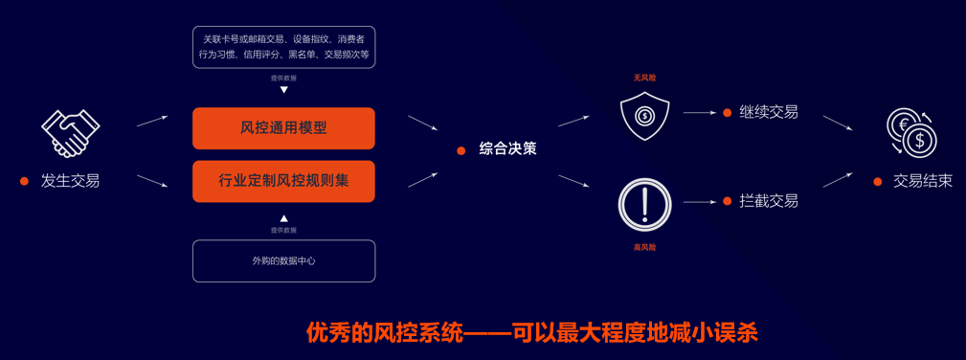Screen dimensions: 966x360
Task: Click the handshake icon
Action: [x=70, y=132]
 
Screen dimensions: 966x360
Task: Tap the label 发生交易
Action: [x=70, y=180]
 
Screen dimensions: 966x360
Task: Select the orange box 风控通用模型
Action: [x=283, y=128]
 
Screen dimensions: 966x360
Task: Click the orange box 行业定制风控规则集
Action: [x=283, y=181]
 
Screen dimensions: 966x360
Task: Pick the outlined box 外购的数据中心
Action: [x=283, y=260]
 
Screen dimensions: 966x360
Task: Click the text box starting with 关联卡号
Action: [x=283, y=47]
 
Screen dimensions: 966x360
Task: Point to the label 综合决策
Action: [x=507, y=149]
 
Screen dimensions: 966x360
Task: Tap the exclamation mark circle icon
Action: [x=644, y=204]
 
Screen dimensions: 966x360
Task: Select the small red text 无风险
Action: [x=644, y=79]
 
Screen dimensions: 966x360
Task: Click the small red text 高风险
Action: [x=644, y=247]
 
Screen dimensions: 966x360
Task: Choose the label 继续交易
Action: [x=768, y=112]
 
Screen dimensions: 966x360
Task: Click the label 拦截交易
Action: [x=768, y=201]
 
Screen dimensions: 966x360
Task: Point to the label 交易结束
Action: [x=922, y=180]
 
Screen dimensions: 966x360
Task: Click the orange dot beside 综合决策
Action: [x=461, y=150]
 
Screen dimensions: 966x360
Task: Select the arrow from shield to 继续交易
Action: [x=699, y=112]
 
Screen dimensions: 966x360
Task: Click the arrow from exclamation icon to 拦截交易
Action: [x=699, y=202]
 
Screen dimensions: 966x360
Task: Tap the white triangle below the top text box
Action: [x=283, y=90]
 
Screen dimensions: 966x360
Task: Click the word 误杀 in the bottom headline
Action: [x=736, y=332]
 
